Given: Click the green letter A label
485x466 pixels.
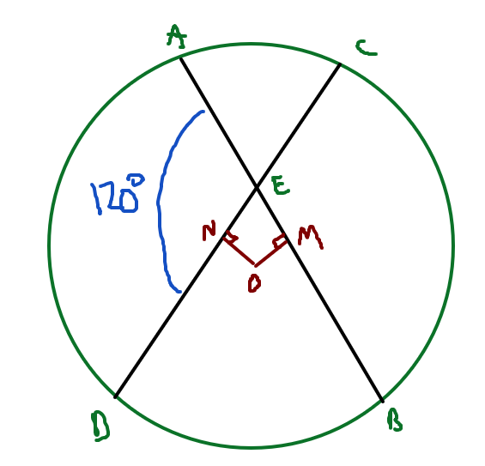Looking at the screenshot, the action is [x=177, y=37].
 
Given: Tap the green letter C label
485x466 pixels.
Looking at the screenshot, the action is [x=367, y=48].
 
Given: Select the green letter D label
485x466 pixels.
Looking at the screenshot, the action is [x=100, y=427].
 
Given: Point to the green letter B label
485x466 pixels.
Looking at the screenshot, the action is [x=395, y=420].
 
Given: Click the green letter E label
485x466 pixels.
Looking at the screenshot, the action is [x=281, y=185].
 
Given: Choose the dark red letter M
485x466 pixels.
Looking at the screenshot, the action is [x=310, y=237].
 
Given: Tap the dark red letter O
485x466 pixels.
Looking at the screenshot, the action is [x=254, y=283].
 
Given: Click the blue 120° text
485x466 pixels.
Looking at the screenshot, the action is [x=118, y=194].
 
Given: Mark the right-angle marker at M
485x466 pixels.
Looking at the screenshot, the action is [x=278, y=241].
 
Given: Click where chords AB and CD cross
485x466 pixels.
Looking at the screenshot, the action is [x=257, y=187].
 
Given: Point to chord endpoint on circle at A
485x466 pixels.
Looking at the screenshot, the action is [x=181, y=57].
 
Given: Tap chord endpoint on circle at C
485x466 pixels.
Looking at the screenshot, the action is [x=340, y=64].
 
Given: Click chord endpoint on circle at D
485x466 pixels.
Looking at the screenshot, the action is [x=115, y=396].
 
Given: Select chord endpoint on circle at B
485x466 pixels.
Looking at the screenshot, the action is [x=383, y=401].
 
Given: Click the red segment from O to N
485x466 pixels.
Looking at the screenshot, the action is [x=239, y=251].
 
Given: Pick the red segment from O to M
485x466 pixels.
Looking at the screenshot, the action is [x=270, y=251].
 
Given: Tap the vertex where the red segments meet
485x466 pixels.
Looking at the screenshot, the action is [x=255, y=265].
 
